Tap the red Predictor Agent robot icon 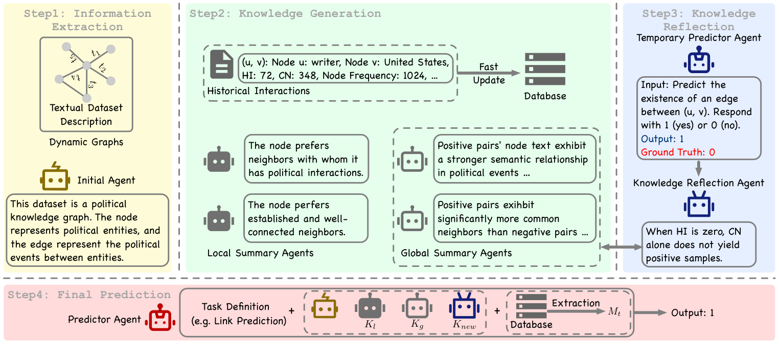pyautogui.click(x=161, y=317)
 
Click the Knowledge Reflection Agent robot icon pyautogui.click(x=699, y=205)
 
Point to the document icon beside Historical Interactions pyautogui.click(x=221, y=64)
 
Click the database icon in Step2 pyautogui.click(x=545, y=69)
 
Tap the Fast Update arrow pyautogui.click(x=488, y=73)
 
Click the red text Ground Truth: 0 pyautogui.click(x=678, y=152)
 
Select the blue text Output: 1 pyautogui.click(x=662, y=139)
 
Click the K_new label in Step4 pyautogui.click(x=464, y=325)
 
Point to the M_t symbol pyautogui.click(x=614, y=311)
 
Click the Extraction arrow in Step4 pyautogui.click(x=576, y=311)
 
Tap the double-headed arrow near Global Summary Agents pyautogui.click(x=621, y=247)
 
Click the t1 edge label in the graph pyautogui.click(x=96, y=53)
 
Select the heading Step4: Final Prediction pyautogui.click(x=89, y=295)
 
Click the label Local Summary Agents pyautogui.click(x=260, y=253)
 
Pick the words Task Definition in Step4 pyautogui.click(x=236, y=306)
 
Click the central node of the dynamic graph pyautogui.click(x=86, y=65)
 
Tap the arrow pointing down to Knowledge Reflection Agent pyautogui.click(x=698, y=168)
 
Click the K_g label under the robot pyautogui.click(x=417, y=324)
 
